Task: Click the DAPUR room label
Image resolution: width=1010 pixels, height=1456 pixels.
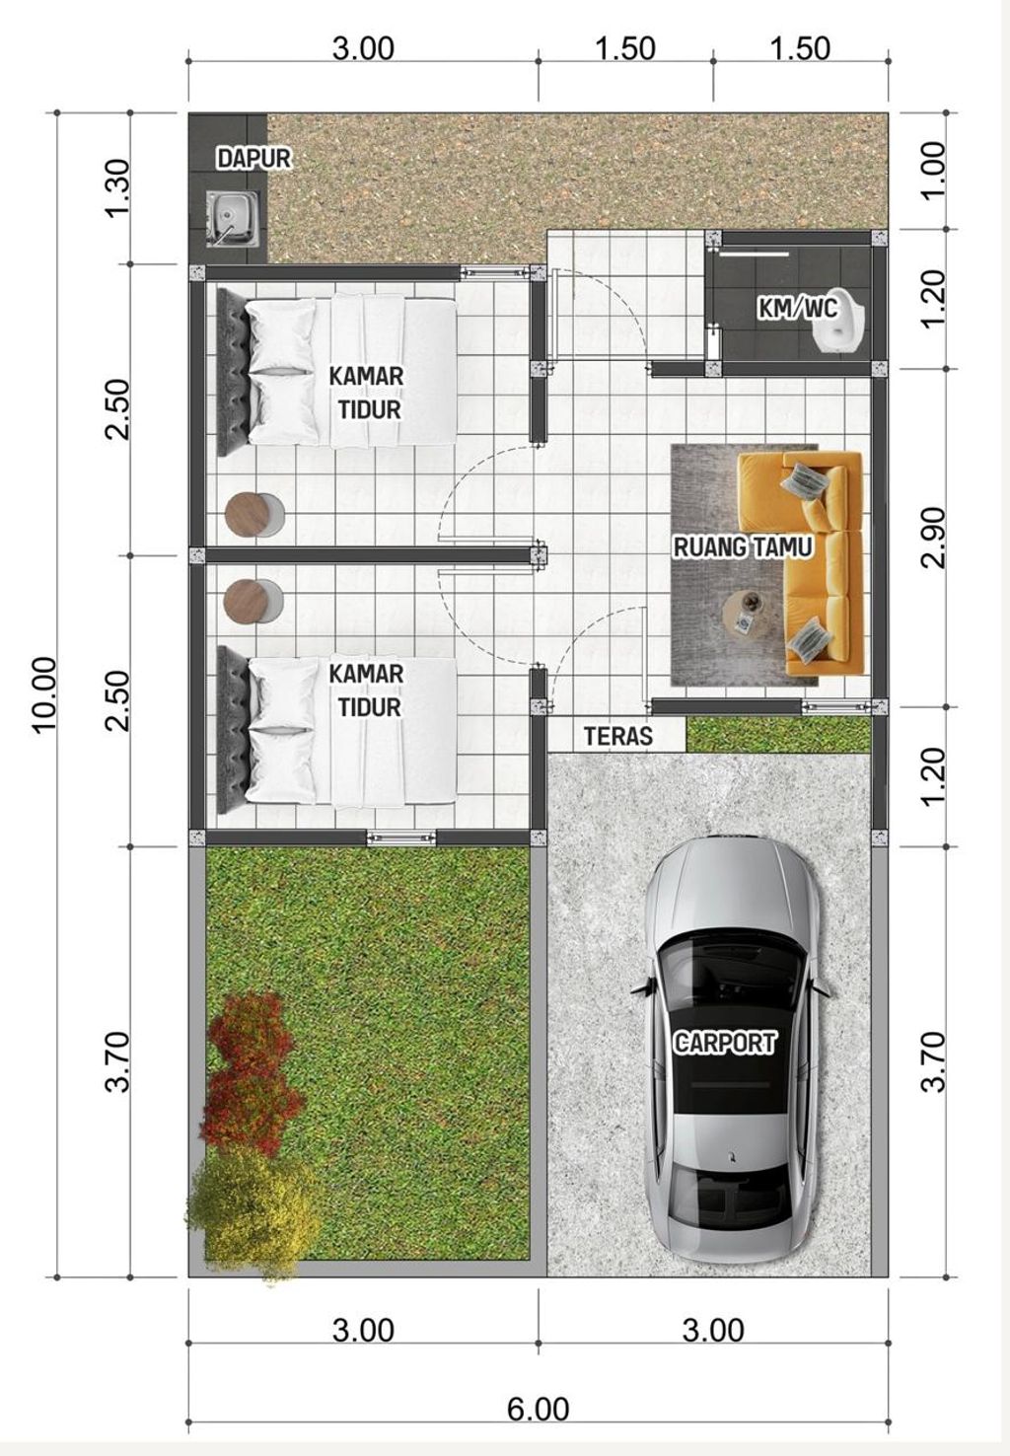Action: (253, 158)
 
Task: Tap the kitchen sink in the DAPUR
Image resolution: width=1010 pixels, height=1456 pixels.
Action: (232, 219)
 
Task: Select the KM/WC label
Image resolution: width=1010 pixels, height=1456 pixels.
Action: (798, 309)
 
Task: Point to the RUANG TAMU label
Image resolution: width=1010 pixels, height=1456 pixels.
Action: (743, 546)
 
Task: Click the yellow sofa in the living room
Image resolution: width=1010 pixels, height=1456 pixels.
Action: (809, 563)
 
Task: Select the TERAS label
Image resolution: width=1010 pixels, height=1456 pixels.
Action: (617, 736)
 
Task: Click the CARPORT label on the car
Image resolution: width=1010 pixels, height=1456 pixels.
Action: (725, 1043)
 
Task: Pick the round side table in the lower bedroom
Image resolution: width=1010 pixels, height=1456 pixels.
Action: (252, 602)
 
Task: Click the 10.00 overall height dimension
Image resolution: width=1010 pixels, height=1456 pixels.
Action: (45, 694)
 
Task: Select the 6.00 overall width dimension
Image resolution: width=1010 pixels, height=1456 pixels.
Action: (539, 1410)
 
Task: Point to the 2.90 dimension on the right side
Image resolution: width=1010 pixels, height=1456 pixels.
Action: (932, 538)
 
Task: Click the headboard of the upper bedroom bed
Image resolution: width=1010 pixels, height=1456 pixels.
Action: (232, 373)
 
